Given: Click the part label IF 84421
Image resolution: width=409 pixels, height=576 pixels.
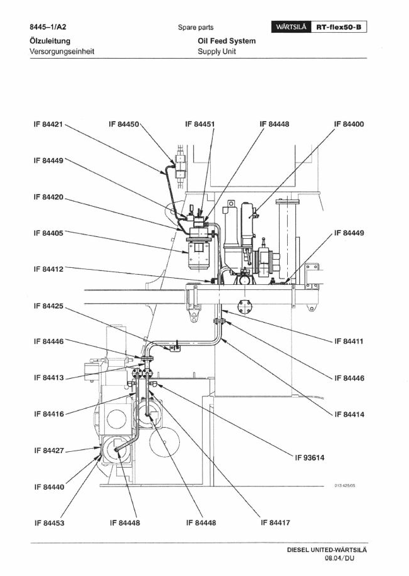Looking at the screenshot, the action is point(48,124).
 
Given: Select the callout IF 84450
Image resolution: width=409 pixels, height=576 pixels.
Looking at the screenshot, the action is point(124,124).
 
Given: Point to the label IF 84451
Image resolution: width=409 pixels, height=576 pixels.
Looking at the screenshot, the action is point(199,124).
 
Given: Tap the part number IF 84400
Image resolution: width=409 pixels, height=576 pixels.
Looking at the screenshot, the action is point(348,124).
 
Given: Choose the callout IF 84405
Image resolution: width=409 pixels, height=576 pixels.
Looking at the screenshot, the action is point(48,233).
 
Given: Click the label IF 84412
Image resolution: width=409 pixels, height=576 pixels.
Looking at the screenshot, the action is point(48,269).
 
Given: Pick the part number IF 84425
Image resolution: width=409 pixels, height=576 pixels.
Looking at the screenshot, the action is point(48,306).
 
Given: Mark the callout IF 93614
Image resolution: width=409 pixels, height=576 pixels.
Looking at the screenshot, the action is point(310,458).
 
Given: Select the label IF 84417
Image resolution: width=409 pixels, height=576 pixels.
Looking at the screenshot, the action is point(275,522).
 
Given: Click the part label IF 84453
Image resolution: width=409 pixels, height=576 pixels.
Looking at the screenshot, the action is point(49,523).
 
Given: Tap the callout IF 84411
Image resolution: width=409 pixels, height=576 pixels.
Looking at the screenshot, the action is point(348,342).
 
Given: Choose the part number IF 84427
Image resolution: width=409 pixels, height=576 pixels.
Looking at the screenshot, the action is point(49,451).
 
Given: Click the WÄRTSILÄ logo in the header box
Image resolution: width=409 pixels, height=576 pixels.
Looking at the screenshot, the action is point(291,27).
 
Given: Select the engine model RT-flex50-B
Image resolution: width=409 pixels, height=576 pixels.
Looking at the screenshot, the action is point(339,27).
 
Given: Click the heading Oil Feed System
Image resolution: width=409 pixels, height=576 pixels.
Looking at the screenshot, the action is point(227,41).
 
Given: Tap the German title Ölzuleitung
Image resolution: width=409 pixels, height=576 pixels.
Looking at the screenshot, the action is point(50,41).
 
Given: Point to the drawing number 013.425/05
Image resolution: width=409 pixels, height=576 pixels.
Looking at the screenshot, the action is point(345,486).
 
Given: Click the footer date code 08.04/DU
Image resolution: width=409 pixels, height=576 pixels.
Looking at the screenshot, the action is point(340,558).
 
